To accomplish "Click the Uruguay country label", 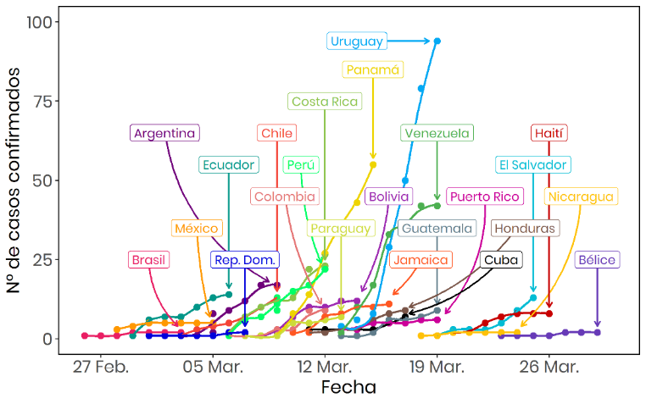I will [x=357, y=41].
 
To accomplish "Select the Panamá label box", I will [x=372, y=69].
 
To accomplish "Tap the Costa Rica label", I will [x=325, y=102].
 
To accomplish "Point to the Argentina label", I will [x=165, y=133].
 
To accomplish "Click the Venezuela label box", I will [x=437, y=133].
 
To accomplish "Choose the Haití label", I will [x=549, y=133].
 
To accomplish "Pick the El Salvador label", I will [x=532, y=164].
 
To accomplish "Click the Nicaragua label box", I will [x=581, y=196].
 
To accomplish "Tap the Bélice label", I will [x=597, y=260].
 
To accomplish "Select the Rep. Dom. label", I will [x=244, y=260].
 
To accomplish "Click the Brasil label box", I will [x=149, y=260].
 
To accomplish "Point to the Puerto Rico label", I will [x=484, y=196].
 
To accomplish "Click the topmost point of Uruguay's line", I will [x=437, y=41].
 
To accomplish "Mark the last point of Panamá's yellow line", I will [x=373, y=164].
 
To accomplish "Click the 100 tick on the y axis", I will [x=39, y=21].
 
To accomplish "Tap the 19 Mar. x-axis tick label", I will [x=436, y=367].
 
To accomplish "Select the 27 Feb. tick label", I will [x=100, y=367].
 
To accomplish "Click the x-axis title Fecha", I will [x=348, y=387].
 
